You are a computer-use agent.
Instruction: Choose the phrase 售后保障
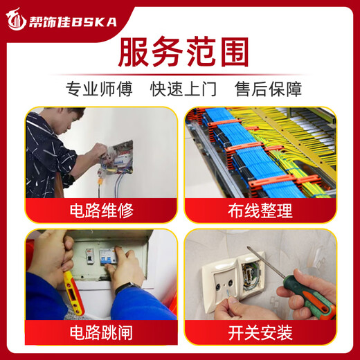(267, 89)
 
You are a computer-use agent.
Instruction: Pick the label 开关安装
(260, 333)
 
